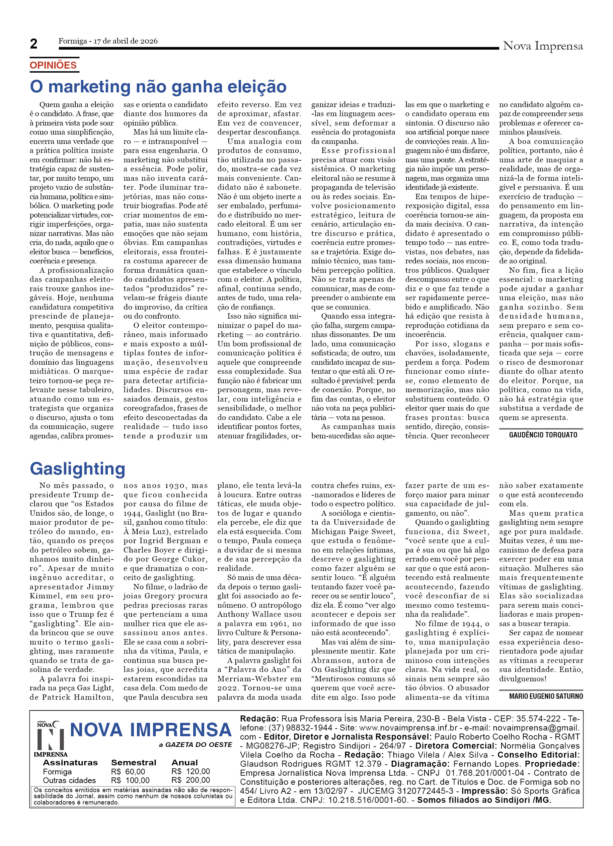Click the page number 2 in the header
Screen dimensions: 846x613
(33, 44)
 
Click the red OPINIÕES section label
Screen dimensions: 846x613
(53, 65)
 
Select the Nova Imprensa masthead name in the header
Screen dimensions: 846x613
(542, 46)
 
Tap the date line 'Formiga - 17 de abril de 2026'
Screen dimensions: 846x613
(108, 41)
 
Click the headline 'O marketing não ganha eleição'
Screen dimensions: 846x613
(158, 87)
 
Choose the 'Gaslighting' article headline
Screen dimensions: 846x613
(78, 469)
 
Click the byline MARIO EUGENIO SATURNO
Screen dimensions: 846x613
(546, 696)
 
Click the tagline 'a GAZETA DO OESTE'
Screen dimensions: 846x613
(195, 745)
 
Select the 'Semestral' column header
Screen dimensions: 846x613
(134, 763)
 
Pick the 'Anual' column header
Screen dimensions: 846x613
(185, 763)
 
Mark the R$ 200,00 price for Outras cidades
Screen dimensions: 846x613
(190, 780)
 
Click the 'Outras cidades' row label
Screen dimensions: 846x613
(69, 780)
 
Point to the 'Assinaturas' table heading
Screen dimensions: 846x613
(70, 763)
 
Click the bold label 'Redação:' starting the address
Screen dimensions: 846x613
(259, 719)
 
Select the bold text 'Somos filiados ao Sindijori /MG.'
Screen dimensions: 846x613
(484, 800)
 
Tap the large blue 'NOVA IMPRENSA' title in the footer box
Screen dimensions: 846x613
(151, 730)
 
